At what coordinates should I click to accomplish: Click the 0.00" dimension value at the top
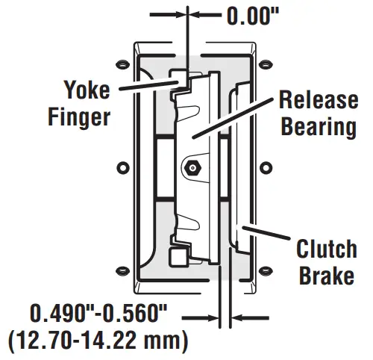253,16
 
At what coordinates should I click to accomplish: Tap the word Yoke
87,90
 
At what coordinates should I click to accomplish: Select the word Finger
79,117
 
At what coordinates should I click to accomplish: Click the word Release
319,99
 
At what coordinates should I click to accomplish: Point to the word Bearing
319,126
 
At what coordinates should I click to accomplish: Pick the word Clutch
327,249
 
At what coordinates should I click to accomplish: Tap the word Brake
327,276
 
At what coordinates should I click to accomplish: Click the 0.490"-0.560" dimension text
98,313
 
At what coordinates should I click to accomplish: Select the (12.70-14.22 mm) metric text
98,340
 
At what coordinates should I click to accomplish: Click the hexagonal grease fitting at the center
192,168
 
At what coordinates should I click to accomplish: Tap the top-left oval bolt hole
123,65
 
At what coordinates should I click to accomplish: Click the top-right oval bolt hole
266,64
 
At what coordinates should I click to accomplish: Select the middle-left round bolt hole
123,167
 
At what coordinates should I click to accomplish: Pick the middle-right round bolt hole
266,167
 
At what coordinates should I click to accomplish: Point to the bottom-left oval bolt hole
123,271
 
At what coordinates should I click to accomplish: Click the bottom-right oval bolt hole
266,270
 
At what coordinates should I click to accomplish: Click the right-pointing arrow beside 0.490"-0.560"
201,318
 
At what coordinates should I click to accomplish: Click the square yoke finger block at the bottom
178,257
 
